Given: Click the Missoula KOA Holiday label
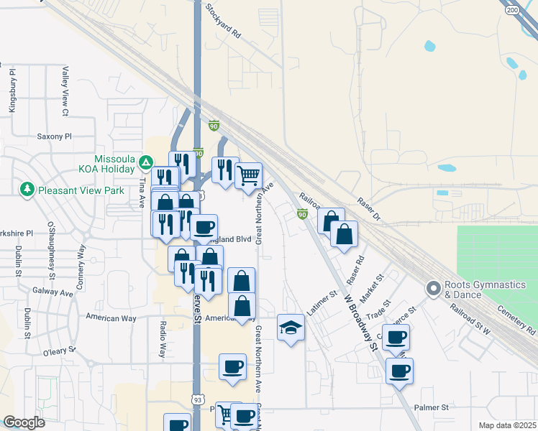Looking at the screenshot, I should tap(114, 164).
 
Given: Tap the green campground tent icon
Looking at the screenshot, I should tap(145, 163).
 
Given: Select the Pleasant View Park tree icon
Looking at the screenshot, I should tap(27, 189).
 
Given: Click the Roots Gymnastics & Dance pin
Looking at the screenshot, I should tap(433, 289).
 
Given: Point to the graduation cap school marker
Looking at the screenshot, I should tap(290, 328).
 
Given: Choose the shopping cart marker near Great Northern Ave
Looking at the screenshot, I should tap(248, 175).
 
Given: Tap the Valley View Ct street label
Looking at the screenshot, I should tap(65, 91).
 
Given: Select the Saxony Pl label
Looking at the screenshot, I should tap(55, 136).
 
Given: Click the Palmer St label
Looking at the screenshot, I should tap(432, 407).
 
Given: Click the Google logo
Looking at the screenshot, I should tap(24, 422).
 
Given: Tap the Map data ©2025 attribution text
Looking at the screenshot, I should tap(506, 425).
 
